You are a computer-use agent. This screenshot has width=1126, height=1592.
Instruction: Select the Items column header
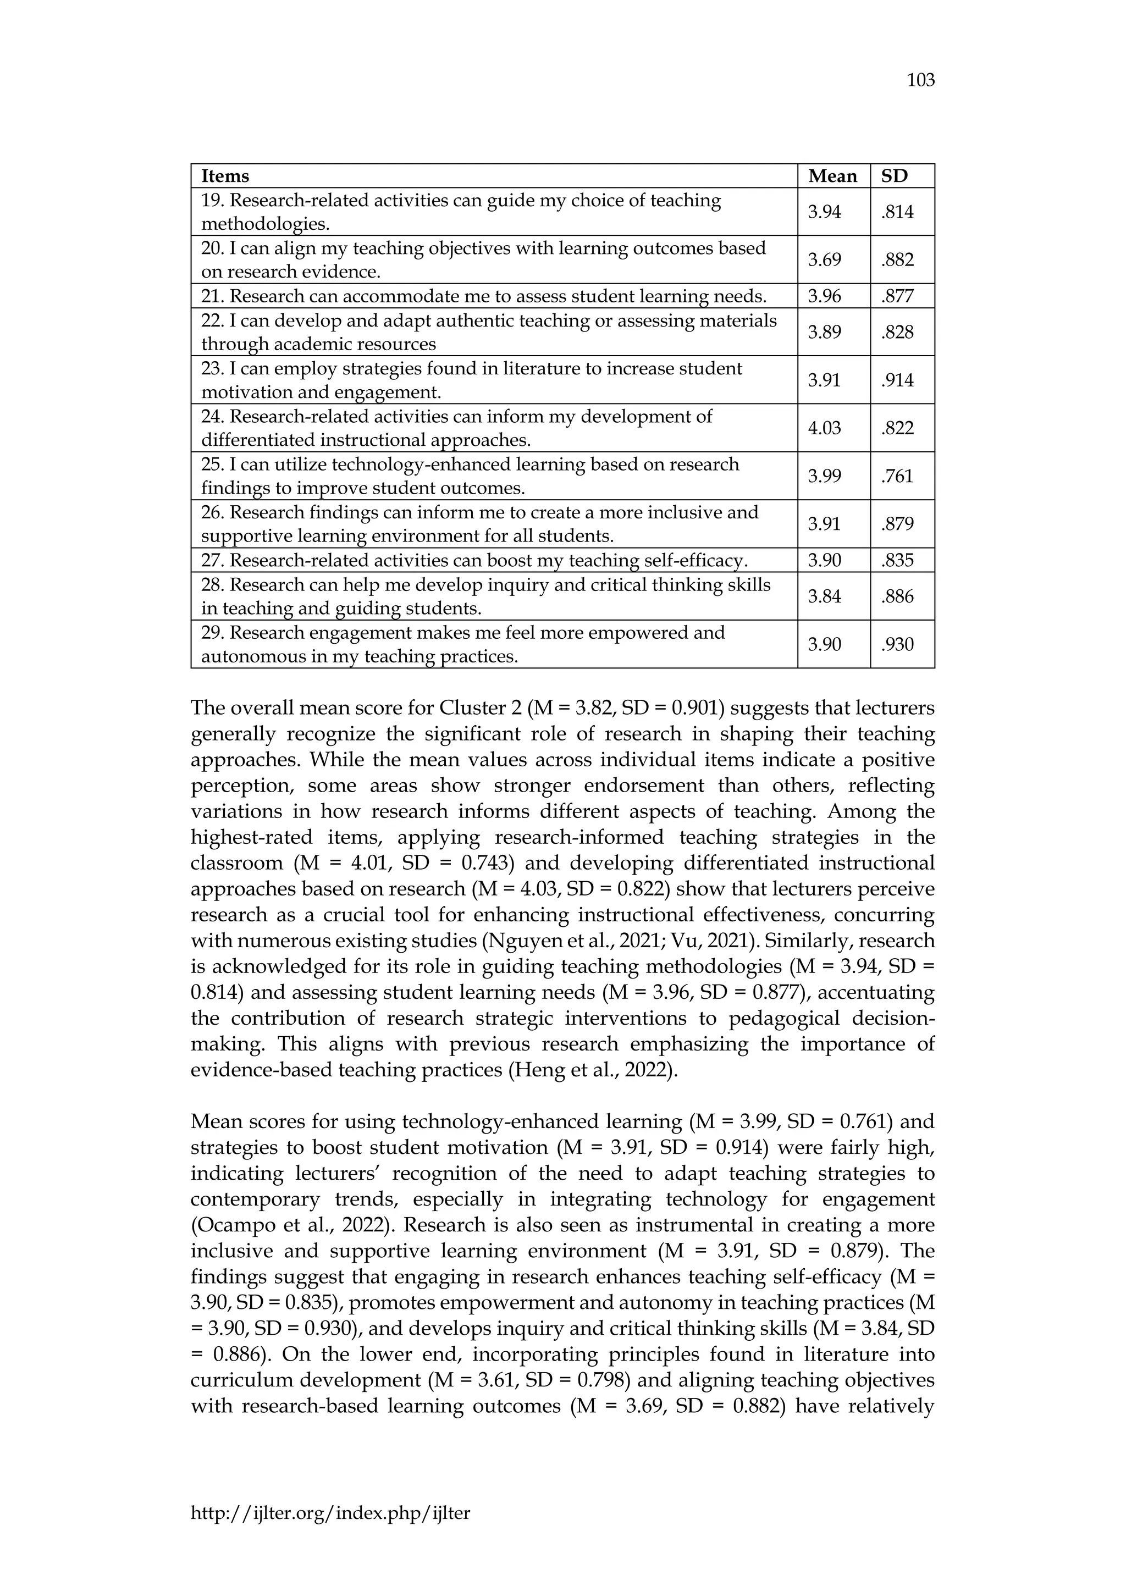tap(225, 176)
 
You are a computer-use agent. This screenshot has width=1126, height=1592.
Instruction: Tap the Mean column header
tap(832, 176)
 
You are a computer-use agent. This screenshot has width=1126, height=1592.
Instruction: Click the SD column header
tap(895, 176)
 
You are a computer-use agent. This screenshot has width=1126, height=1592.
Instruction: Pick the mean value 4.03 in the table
tap(824, 428)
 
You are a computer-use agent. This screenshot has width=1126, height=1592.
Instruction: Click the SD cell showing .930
tap(898, 644)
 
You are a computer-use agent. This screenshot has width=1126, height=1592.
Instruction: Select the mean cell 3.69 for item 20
tap(824, 260)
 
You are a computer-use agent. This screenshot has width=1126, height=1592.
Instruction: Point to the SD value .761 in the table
tap(898, 476)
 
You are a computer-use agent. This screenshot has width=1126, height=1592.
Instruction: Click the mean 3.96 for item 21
tap(824, 296)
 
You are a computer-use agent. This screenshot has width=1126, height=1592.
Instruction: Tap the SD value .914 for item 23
tap(898, 380)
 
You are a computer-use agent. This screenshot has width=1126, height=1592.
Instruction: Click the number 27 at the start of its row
tap(210, 560)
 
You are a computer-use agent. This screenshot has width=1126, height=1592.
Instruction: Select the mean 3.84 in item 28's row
tap(824, 596)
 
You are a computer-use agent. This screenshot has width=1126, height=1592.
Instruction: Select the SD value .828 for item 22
tap(898, 332)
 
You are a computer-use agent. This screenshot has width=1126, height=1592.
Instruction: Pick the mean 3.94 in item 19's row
tap(824, 212)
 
